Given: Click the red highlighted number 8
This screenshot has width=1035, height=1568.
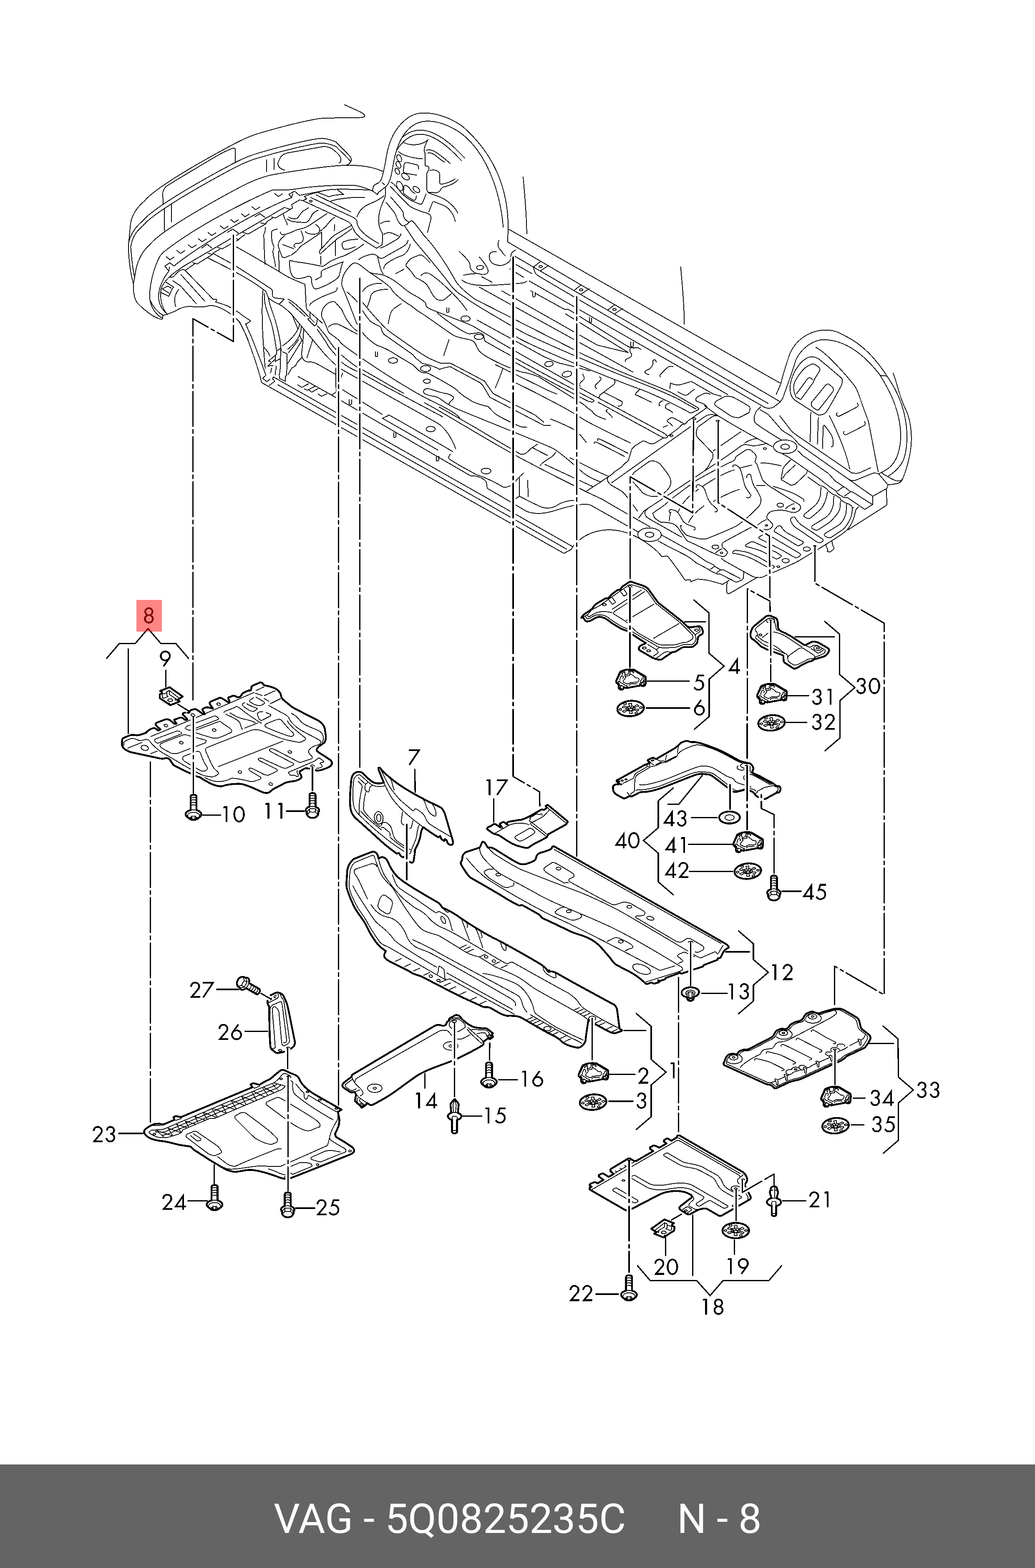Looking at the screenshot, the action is click(149, 616).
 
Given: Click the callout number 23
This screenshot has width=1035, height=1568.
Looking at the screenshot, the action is click(104, 1135).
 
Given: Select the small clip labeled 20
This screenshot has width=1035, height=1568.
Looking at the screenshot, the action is click(665, 1227).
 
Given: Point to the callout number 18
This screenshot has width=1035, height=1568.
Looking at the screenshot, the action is click(712, 1306).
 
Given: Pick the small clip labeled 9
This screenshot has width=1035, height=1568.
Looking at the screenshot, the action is click(170, 694).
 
